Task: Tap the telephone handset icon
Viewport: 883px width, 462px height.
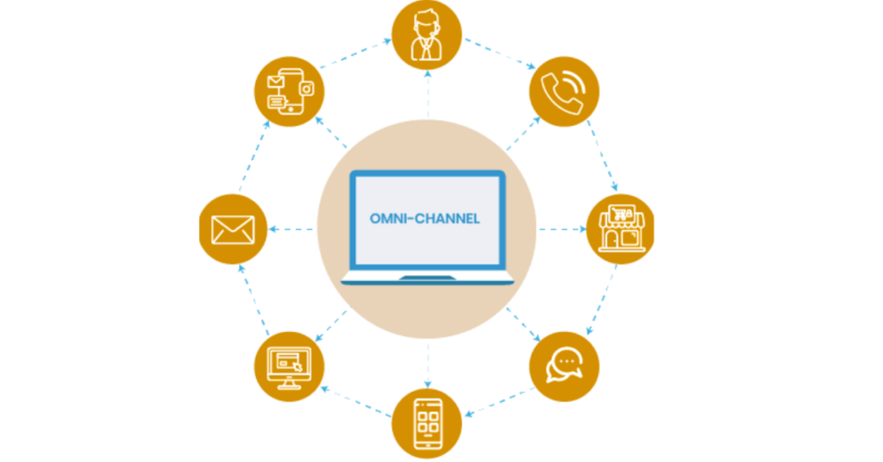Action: point(564,91)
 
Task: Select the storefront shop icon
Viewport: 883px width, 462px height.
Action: point(620,228)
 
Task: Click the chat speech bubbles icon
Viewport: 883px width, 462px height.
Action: point(564,365)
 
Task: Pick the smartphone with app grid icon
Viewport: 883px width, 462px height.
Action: point(427,423)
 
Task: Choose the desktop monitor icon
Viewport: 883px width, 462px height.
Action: point(288,365)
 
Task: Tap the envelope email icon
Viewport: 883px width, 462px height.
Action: point(233,229)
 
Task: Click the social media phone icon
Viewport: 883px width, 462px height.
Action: point(289,91)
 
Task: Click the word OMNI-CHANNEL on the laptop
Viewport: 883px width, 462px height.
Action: point(424,219)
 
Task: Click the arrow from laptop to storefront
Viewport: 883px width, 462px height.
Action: point(562,229)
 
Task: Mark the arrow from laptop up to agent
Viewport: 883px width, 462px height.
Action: point(427,95)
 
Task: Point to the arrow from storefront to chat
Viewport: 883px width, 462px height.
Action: point(602,302)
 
